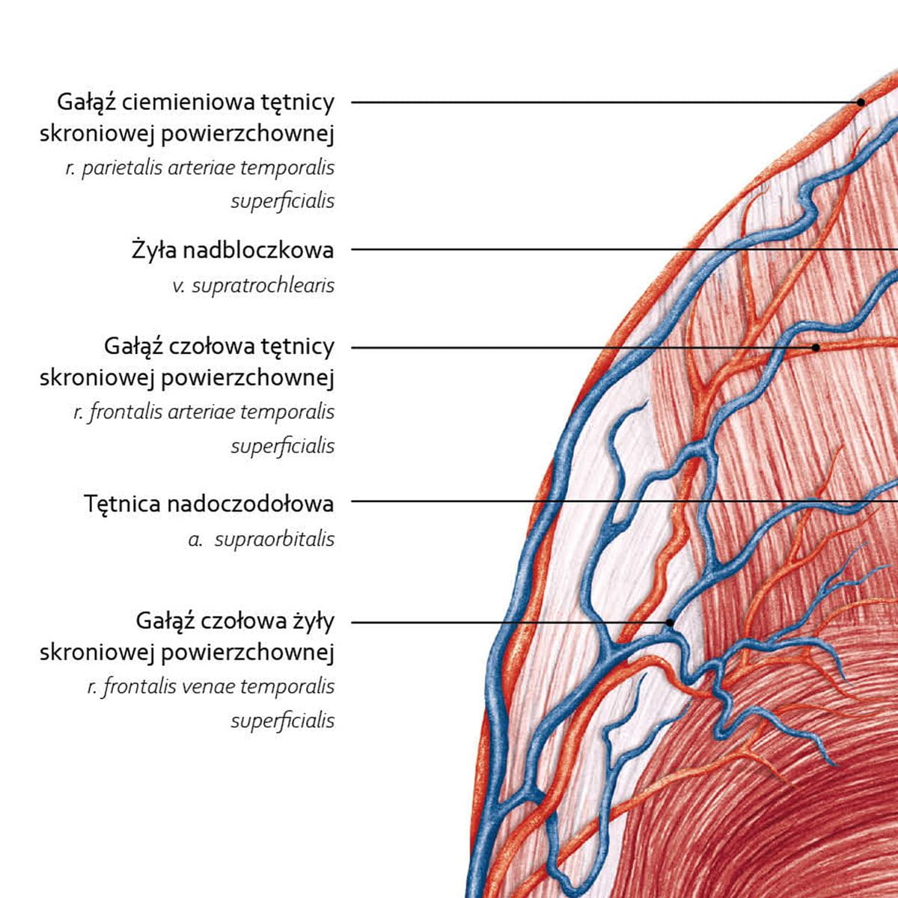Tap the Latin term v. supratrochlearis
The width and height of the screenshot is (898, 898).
coord(253,285)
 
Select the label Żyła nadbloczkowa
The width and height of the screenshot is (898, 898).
coord(232,250)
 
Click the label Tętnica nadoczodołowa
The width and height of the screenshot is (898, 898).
coord(209,504)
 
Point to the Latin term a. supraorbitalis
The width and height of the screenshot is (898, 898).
coord(261,539)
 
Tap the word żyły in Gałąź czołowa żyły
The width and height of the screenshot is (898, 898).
coord(314,621)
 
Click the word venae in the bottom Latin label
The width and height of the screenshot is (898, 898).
coord(217,685)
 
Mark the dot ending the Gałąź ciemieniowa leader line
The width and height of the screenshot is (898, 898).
coord(861,102)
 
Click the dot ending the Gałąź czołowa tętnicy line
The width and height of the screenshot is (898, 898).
coord(816,347)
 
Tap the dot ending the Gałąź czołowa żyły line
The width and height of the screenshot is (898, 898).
coord(670,622)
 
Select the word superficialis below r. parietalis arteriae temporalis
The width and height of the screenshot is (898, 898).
coord(282,201)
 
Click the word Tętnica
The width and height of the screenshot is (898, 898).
coord(123,504)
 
